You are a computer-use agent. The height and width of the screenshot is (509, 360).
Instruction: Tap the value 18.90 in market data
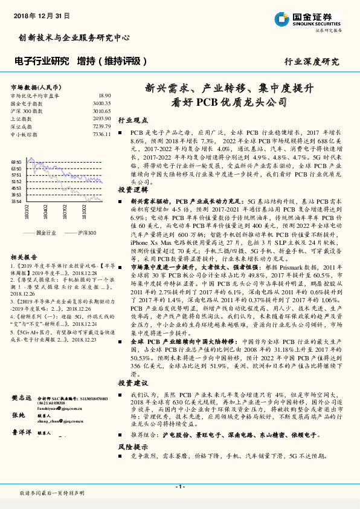point(104,96)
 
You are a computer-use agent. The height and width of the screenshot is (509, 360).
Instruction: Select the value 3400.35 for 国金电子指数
point(101,103)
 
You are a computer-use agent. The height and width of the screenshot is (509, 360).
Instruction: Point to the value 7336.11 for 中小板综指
point(101,134)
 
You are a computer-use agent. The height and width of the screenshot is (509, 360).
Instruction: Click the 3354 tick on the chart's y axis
point(16,201)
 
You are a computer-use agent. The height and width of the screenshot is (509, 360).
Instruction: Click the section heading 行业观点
point(132,120)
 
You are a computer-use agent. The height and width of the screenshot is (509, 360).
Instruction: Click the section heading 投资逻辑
point(132,189)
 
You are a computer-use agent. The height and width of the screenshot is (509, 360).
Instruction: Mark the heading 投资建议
point(132,383)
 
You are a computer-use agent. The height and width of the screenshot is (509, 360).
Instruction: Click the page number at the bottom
point(179,487)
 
